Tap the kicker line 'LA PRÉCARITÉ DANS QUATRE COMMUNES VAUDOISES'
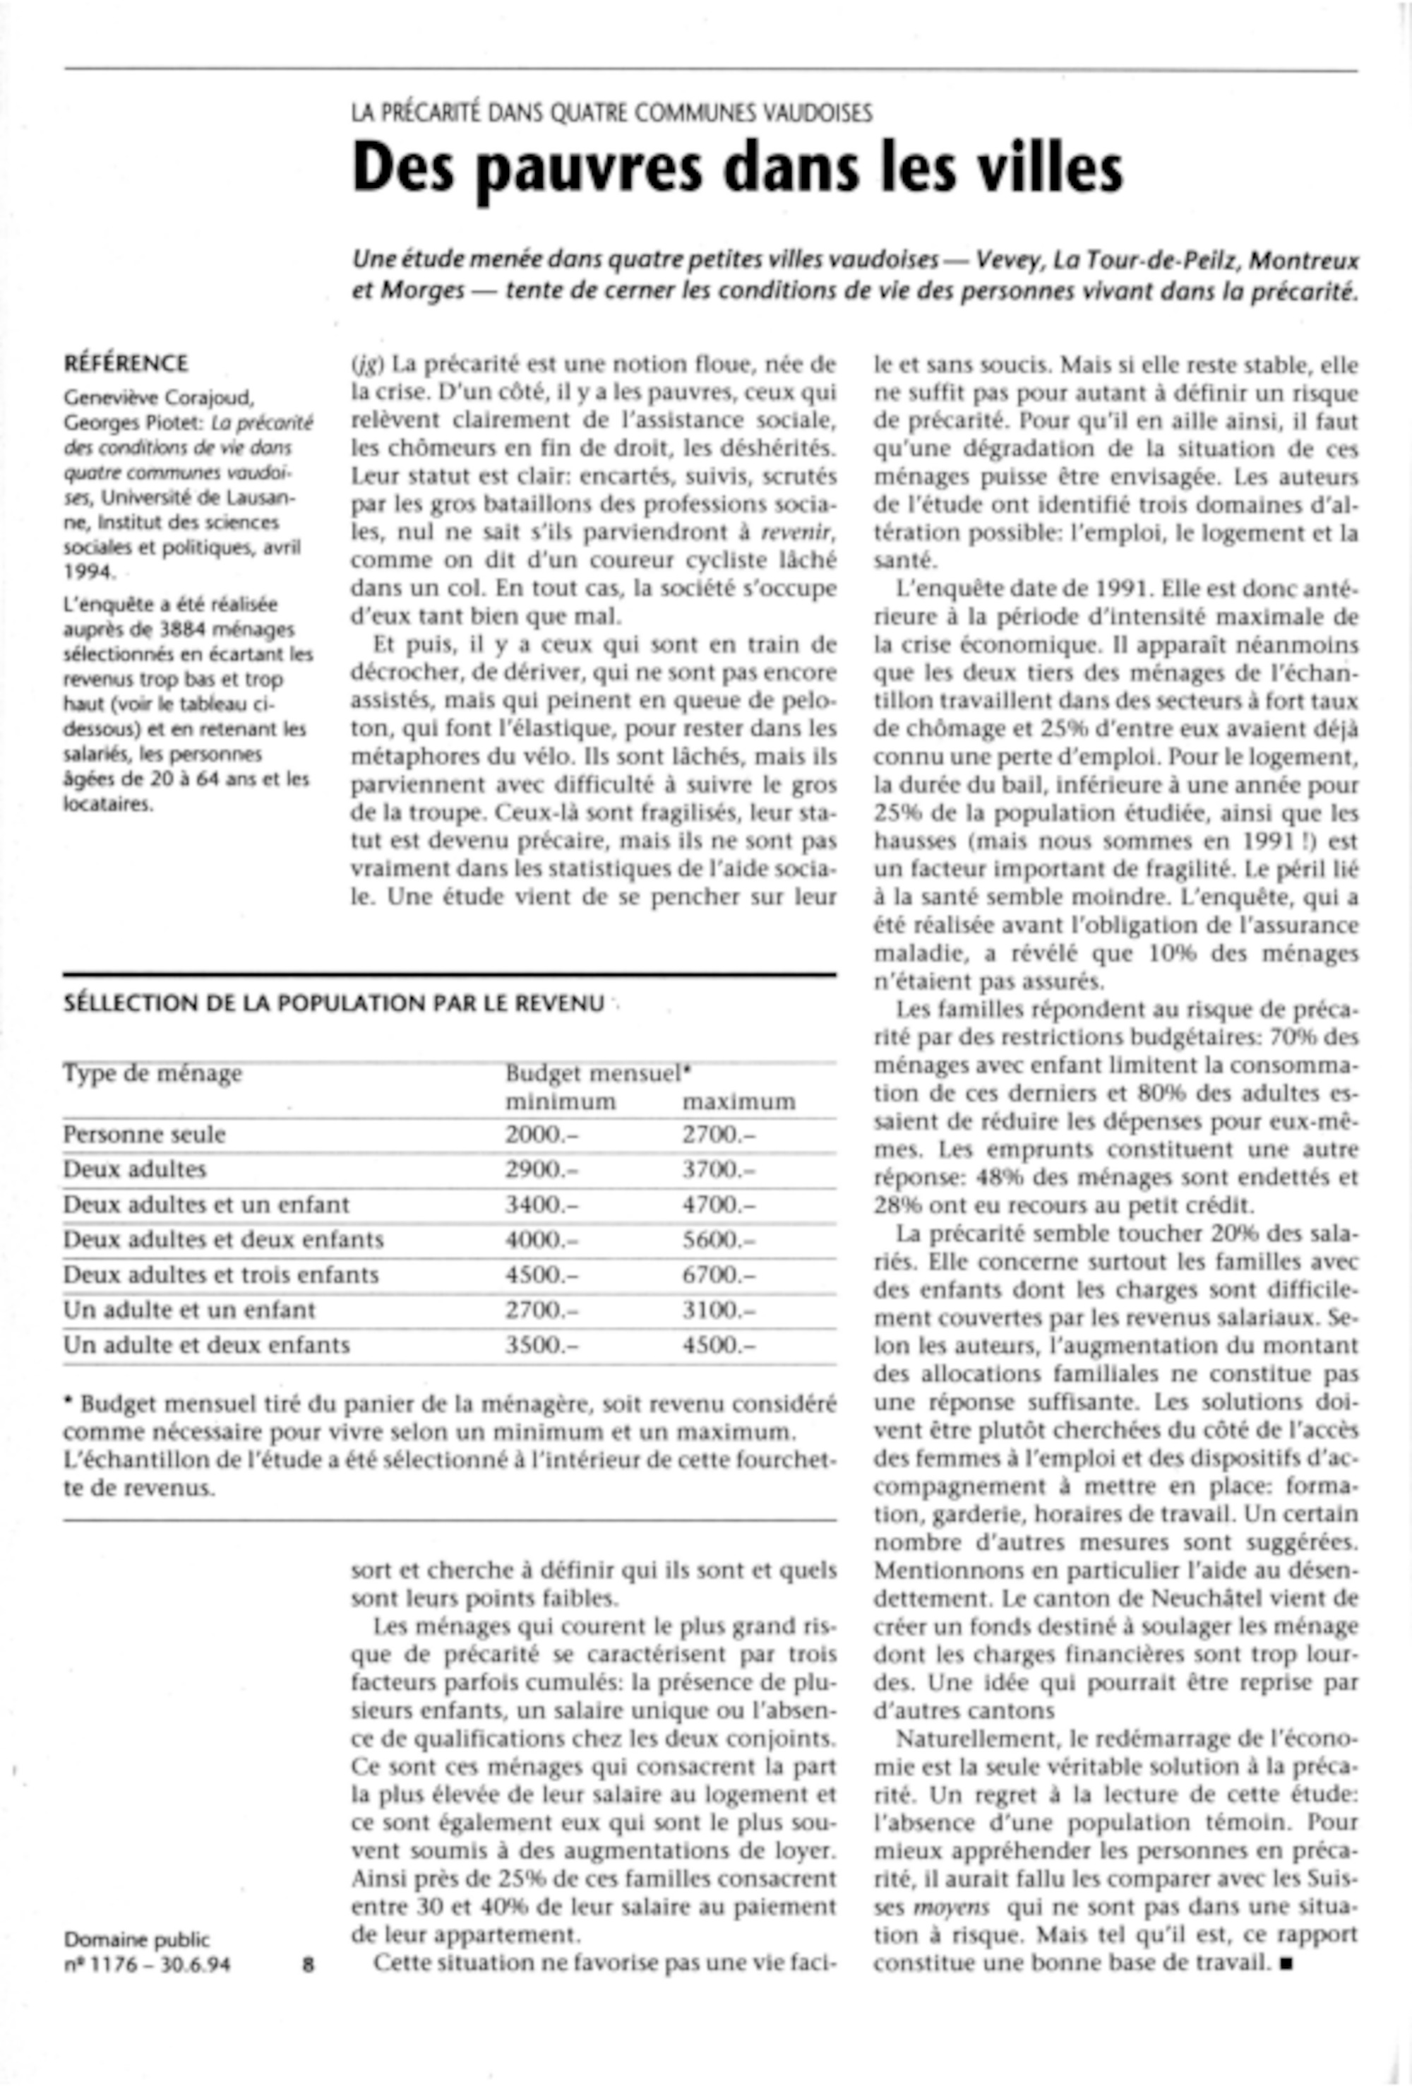(x=611, y=113)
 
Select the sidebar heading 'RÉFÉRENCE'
(x=126, y=364)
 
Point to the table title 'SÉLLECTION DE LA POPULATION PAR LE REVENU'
(x=333, y=1003)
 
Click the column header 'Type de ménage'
(x=152, y=1073)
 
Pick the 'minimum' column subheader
(x=560, y=1102)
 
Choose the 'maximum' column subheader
(x=738, y=1102)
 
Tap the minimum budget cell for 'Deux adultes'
(x=542, y=1169)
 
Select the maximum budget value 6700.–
(x=718, y=1275)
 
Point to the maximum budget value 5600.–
(x=718, y=1239)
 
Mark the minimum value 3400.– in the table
(x=542, y=1205)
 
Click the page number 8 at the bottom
(x=308, y=1964)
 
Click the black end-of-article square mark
(x=1287, y=1963)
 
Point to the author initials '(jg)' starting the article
(x=367, y=365)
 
